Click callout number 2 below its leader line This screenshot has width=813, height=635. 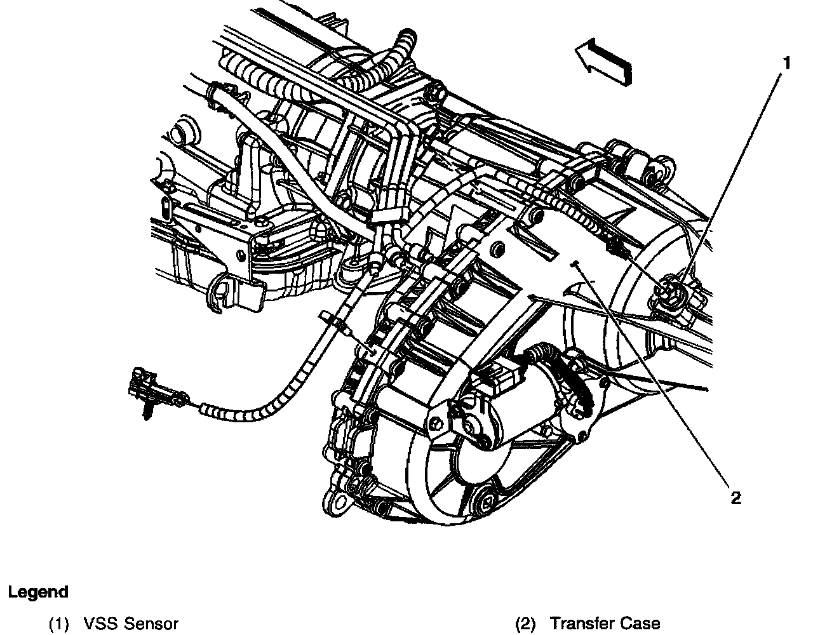click(736, 498)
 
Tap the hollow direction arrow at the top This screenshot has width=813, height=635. click(604, 62)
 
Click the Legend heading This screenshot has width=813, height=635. click(37, 592)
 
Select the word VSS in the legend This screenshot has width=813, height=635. click(100, 624)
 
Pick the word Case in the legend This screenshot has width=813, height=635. click(638, 624)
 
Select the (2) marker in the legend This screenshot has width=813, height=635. click(525, 624)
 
